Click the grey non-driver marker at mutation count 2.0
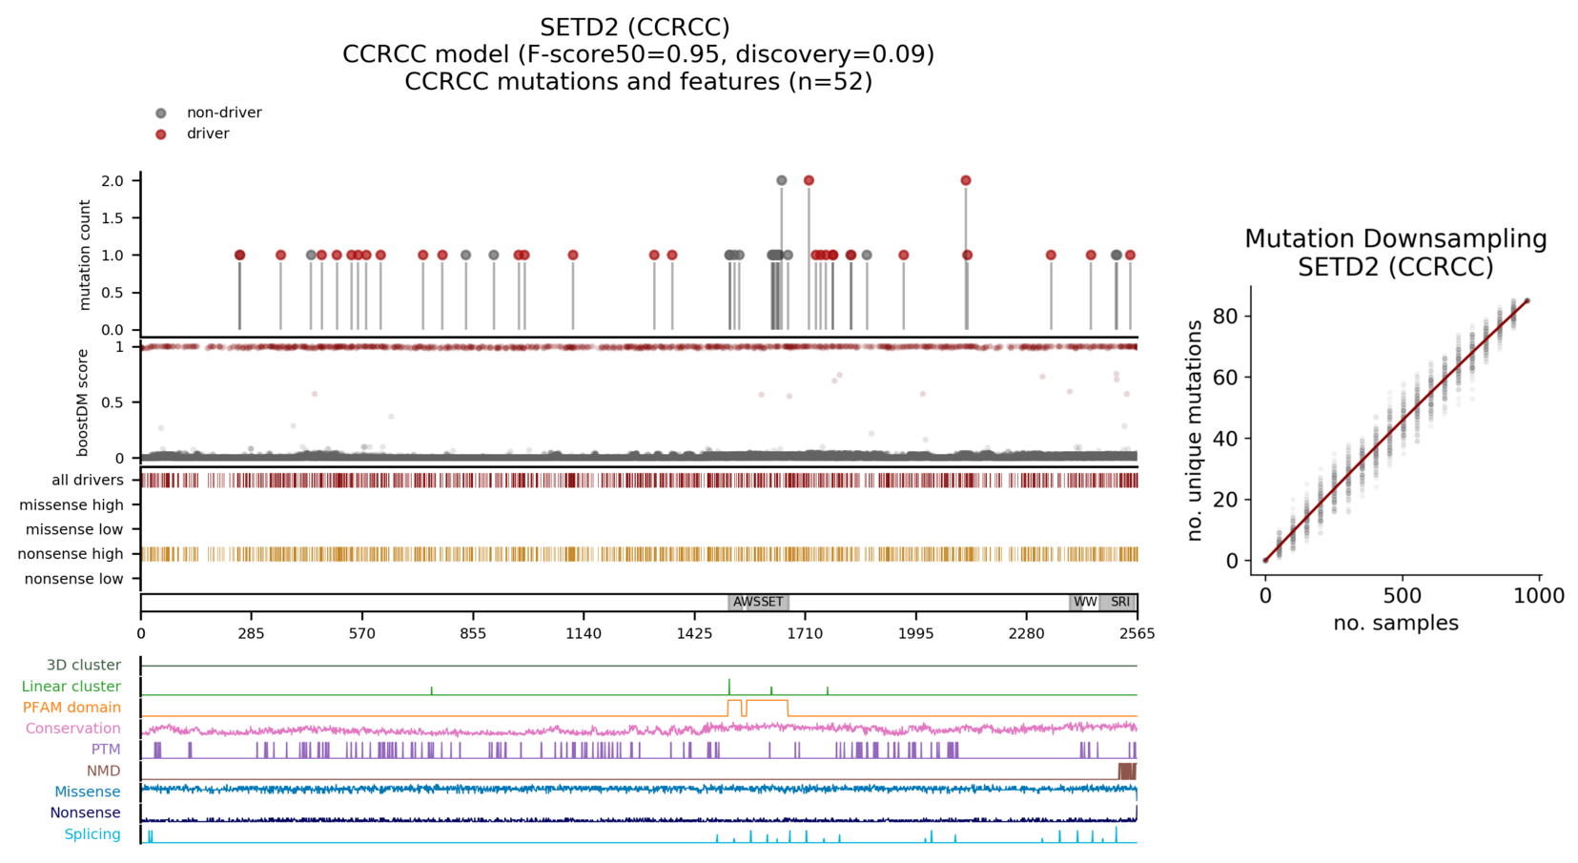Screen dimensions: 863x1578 782,180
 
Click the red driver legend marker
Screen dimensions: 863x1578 161,134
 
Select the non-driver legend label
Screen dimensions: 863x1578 224,113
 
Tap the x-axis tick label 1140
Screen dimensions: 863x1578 584,634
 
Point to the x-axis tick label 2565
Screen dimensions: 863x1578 1137,634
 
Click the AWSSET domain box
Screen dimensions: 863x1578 758,602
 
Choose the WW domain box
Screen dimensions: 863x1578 1084,602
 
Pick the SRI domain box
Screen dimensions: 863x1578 1119,602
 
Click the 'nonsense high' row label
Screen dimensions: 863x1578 71,554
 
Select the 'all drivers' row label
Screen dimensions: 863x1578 88,480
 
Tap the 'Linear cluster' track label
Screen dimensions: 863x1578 72,687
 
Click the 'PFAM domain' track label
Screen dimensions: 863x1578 72,708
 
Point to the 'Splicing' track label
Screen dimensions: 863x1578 92,834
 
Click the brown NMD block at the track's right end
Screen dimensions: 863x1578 1127,771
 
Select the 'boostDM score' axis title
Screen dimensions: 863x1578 83,402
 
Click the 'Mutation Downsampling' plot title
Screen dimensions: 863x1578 1395,238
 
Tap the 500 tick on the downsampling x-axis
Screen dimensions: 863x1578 1402,596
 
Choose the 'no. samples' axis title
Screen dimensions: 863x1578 1395,624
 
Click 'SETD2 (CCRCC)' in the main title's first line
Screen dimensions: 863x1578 635,27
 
